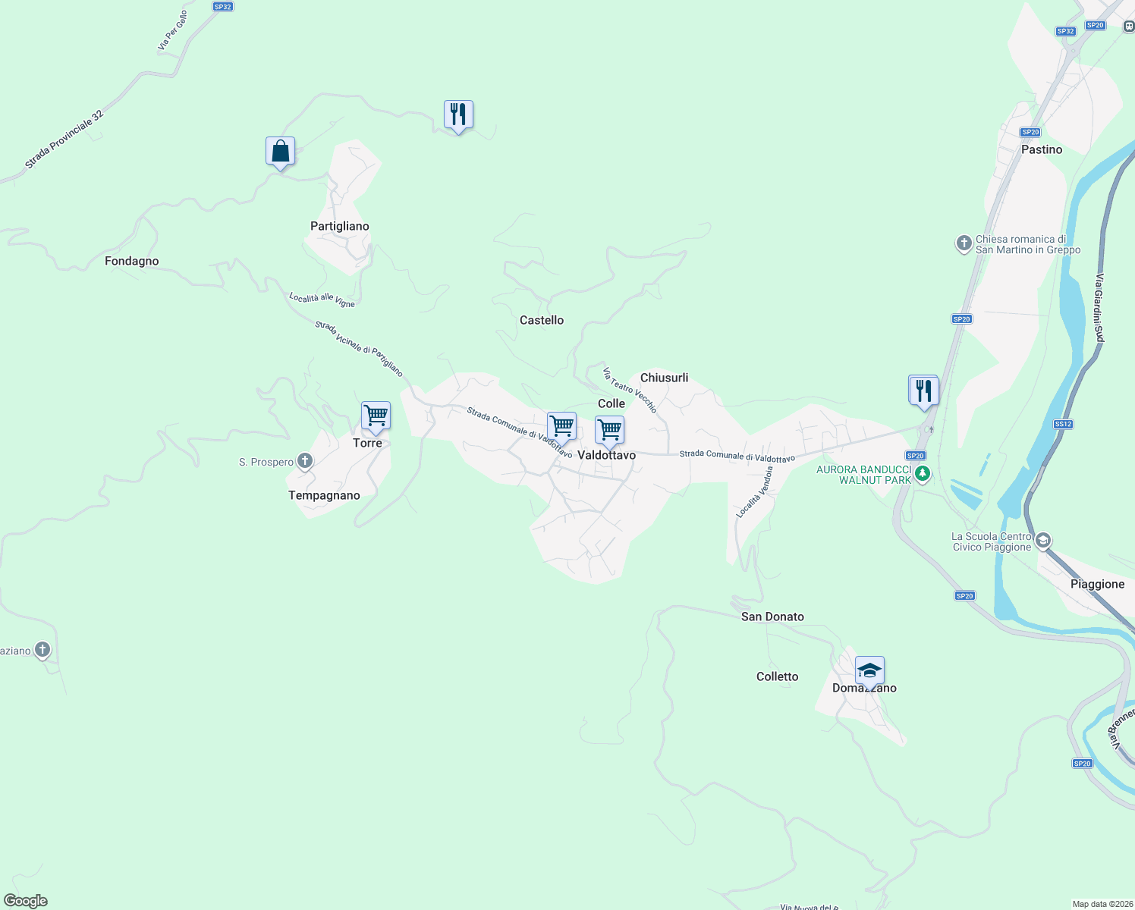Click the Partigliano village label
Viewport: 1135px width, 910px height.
click(x=340, y=226)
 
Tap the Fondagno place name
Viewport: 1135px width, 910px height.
click(x=132, y=261)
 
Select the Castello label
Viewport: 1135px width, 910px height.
click(x=542, y=320)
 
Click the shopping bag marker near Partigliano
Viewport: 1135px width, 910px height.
click(x=280, y=152)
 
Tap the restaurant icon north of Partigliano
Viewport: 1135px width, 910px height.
click(x=458, y=115)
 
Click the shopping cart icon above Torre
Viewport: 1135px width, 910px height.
click(x=376, y=416)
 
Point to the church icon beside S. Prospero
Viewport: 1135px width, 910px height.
click(x=305, y=461)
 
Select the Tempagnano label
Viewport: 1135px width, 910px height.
click(x=324, y=495)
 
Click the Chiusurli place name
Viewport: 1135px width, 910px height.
click(x=665, y=378)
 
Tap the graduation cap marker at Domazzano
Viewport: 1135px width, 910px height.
click(x=869, y=671)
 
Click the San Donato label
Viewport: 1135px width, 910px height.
click(x=772, y=617)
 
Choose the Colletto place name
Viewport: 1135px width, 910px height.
click(x=778, y=676)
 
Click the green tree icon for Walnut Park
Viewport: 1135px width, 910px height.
click(x=923, y=475)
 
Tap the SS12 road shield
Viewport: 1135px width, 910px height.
click(x=1063, y=424)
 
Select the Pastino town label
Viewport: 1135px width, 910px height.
click(x=1042, y=149)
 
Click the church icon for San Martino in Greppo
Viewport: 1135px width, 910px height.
click(x=964, y=244)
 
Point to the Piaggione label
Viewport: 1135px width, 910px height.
click(x=1098, y=584)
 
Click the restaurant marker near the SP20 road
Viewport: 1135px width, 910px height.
click(x=923, y=391)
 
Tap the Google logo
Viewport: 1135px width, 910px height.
click(x=26, y=901)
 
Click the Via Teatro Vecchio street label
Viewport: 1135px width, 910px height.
click(x=630, y=390)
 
